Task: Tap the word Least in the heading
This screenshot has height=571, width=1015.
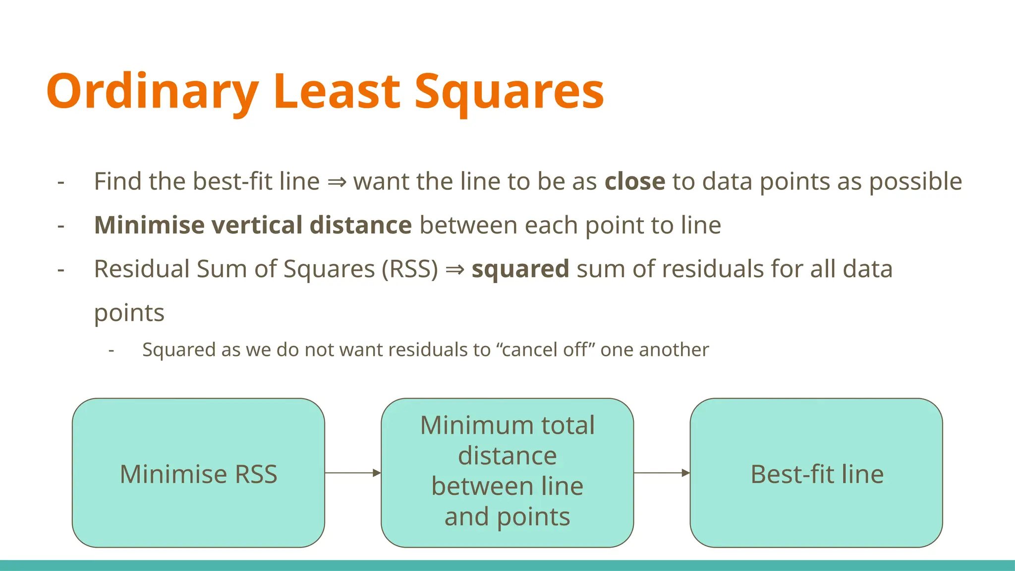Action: [x=337, y=92]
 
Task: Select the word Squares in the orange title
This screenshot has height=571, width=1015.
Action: [x=509, y=92]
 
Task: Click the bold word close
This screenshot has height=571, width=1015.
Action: [x=634, y=181]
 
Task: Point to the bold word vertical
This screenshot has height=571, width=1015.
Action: [x=257, y=226]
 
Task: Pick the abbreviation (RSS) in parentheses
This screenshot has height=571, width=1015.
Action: [x=410, y=269]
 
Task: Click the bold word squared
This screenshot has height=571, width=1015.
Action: [x=520, y=269]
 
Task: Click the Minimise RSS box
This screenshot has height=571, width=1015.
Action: [x=198, y=473]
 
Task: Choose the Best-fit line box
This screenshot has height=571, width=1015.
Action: [x=816, y=473]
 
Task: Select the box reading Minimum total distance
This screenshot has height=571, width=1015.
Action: [x=507, y=473]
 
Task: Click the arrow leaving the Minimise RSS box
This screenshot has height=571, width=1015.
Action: [x=352, y=473]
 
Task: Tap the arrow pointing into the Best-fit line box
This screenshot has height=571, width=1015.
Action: [x=662, y=473]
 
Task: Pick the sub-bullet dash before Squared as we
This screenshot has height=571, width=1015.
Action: [x=112, y=350]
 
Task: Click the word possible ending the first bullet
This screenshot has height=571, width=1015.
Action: [x=915, y=181]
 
